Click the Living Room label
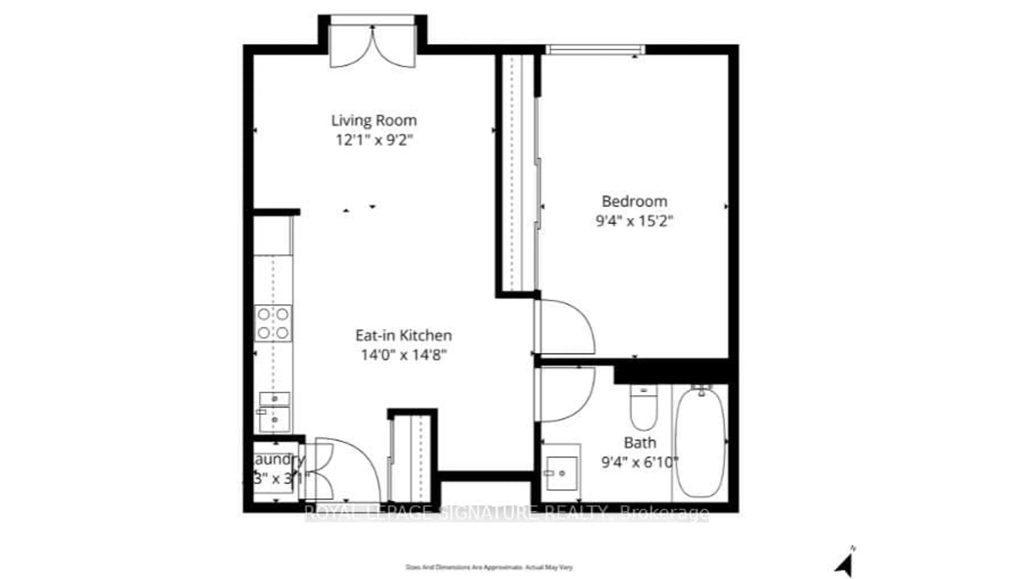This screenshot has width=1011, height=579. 374,120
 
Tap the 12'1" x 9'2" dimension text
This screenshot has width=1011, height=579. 374,140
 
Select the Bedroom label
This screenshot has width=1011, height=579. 634,201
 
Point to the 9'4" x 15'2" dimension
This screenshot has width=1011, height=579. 634,221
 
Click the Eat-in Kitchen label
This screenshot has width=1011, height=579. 403,335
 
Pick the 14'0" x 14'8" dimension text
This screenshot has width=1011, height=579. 403,355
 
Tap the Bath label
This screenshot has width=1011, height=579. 640,443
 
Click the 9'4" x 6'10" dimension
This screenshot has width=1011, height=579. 640,462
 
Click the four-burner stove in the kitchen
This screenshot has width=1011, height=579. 273,323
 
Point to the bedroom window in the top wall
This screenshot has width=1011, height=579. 595,50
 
